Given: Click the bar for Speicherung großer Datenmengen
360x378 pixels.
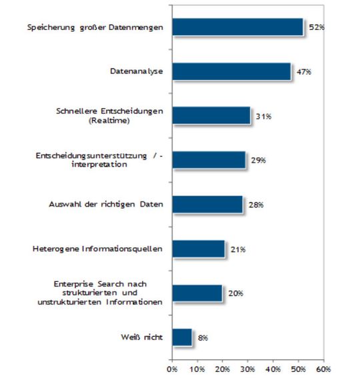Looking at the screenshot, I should (237, 27).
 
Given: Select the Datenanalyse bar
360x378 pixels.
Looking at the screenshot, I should (231, 71).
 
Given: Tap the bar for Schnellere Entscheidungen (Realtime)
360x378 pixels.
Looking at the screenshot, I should (211, 115).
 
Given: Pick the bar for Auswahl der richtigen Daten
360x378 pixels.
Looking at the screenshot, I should (207, 205).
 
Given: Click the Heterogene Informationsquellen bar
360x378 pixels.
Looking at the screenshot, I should (198, 249).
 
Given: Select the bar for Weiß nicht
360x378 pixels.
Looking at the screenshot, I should (182, 337).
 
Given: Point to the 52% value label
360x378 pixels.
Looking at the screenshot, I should (316, 28).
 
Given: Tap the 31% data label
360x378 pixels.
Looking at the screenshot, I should (262, 117).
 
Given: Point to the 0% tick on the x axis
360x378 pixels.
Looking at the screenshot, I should (172, 369).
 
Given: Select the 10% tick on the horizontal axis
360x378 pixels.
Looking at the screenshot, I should (197, 369).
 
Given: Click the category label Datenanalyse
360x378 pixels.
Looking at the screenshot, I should (137, 71).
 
